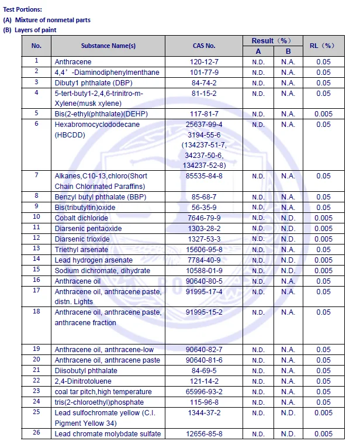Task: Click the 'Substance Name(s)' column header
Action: tap(108, 46)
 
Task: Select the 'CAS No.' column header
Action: tap(204, 46)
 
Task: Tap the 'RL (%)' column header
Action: tap(323, 46)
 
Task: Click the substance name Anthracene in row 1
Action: tap(73, 61)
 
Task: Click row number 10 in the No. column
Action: tap(36, 217)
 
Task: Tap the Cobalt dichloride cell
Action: tap(81, 218)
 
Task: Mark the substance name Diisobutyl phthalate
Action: tap(86, 371)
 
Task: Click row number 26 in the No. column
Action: tap(36, 433)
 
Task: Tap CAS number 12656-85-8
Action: tap(205, 434)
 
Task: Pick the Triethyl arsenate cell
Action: tap(82, 249)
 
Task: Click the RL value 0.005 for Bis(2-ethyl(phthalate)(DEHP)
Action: tap(323, 113)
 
